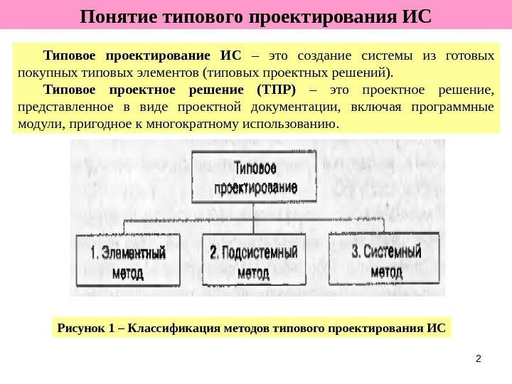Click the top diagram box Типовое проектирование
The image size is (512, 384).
pyautogui.click(x=255, y=177)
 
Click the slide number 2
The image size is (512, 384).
pyautogui.click(x=478, y=358)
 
